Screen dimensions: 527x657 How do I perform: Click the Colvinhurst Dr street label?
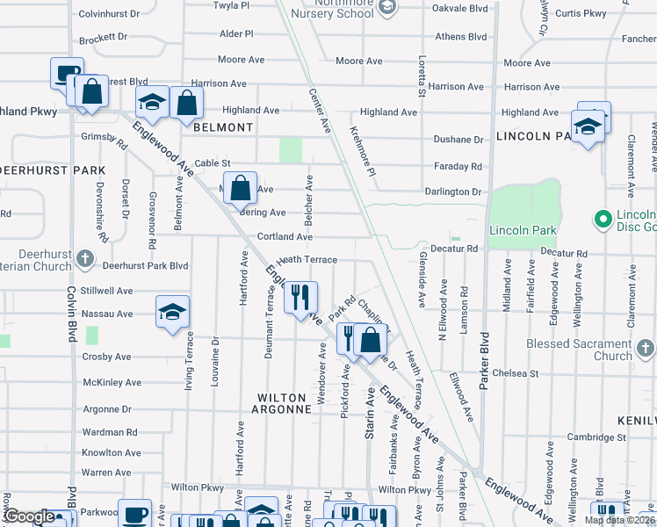tap(110, 14)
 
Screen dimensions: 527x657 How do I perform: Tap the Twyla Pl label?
tap(233, 5)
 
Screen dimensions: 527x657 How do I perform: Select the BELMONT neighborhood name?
tap(223, 127)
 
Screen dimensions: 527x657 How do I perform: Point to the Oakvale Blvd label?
tap(458, 8)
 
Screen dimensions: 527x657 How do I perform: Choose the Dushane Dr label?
tap(458, 140)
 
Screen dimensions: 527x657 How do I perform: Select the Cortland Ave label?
tap(285, 237)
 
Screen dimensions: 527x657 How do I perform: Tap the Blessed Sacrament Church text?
tap(575, 350)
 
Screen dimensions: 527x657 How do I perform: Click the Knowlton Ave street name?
tap(111, 453)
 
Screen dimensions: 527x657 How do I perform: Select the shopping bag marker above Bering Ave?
tap(240, 187)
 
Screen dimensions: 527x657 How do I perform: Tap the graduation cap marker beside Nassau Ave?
tap(173, 312)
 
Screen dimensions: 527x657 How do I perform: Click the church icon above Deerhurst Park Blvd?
tap(84, 258)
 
